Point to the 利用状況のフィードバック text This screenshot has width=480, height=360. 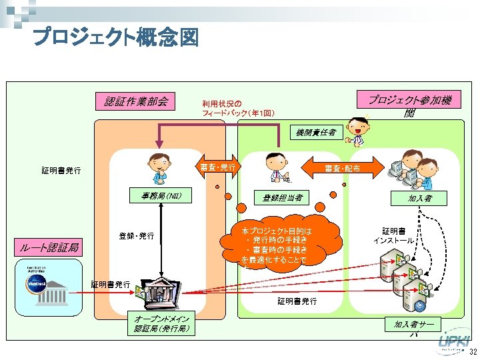(x=237, y=108)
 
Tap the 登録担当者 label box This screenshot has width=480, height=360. (x=282, y=197)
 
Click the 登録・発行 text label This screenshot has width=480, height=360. (x=137, y=236)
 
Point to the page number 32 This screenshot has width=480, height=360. (x=472, y=352)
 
